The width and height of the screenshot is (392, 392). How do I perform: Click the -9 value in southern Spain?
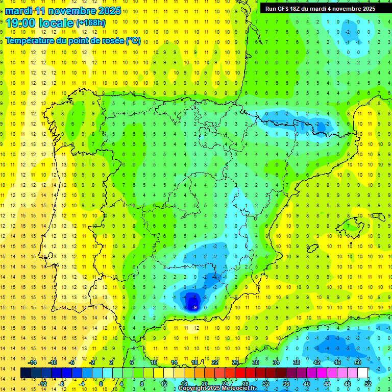click(x=193, y=307)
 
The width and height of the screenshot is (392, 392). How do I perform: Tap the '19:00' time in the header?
click(x=21, y=22)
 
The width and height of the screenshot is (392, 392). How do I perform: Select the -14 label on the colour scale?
click(x=32, y=362)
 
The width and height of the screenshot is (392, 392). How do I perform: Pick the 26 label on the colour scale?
click(x=235, y=362)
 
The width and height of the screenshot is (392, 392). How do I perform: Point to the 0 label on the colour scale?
click(x=101, y=384)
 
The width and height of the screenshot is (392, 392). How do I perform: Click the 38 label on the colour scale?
click(x=296, y=362)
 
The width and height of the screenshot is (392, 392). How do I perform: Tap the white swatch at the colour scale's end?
click(x=363, y=373)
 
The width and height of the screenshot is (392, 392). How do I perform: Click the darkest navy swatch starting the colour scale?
click(x=26, y=373)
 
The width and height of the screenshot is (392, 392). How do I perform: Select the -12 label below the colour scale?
click(x=42, y=384)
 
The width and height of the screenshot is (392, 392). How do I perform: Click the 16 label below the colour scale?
click(x=185, y=384)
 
